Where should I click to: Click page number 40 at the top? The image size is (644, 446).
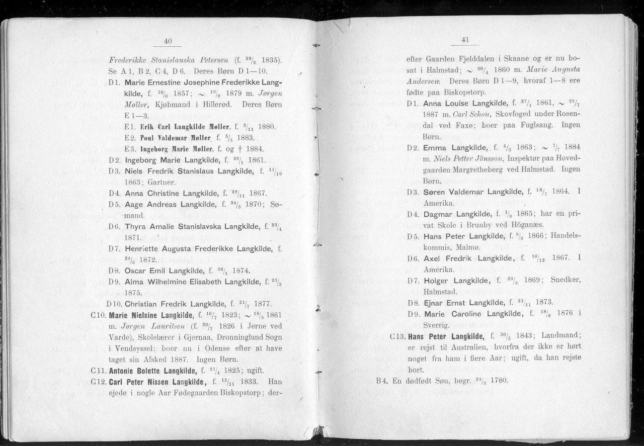168,41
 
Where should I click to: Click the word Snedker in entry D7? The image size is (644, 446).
566,281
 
